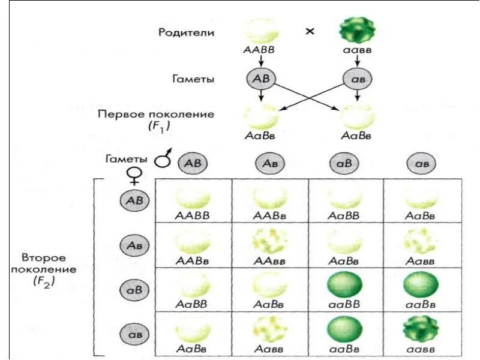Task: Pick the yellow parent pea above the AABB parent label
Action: point(260,30)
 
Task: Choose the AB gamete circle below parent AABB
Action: point(260,79)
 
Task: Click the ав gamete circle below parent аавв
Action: point(357,79)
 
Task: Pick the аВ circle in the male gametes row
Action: point(345,163)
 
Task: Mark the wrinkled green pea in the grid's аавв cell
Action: point(421,328)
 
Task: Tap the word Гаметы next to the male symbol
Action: point(125,159)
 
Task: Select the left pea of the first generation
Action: point(261,116)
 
